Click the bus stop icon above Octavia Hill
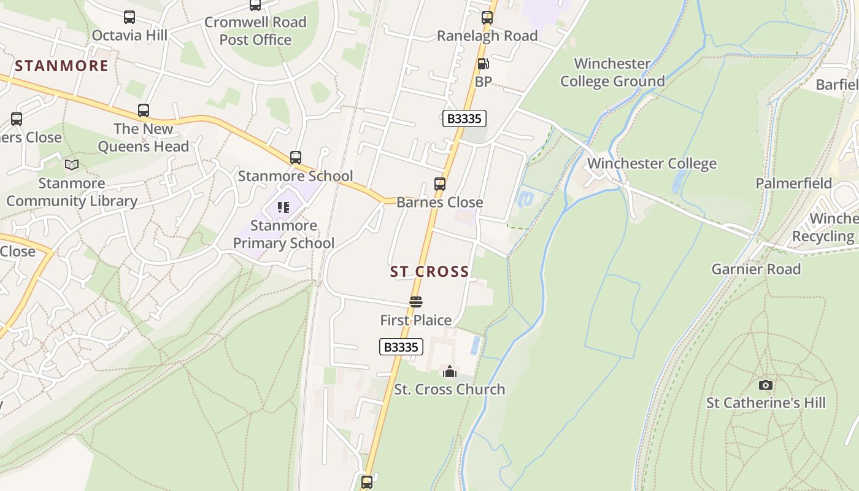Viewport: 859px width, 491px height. (129, 17)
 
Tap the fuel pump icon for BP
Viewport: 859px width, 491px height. (483, 64)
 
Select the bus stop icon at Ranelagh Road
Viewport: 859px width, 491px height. (487, 18)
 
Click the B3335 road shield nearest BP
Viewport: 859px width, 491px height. (464, 118)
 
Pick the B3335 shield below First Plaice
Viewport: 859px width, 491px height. (401, 347)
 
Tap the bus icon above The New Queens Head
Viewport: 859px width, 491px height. (144, 110)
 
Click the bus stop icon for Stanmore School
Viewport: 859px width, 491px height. (296, 158)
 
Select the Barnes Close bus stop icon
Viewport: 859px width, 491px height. (439, 184)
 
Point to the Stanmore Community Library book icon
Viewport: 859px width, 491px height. (72, 164)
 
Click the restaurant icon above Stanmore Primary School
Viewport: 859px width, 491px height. (283, 207)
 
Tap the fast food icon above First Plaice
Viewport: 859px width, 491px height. (416, 302)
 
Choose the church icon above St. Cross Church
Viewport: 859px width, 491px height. (450, 371)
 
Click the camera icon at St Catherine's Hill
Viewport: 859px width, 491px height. (765, 385)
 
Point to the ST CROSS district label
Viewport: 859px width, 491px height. (429, 271)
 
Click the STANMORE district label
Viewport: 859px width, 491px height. (61, 66)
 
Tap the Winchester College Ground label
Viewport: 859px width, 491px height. (612, 72)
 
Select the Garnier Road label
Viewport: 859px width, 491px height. (756, 269)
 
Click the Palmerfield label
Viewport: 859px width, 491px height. (793, 184)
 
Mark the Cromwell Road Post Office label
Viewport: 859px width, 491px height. (255, 31)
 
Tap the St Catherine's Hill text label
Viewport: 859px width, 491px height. (766, 403)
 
